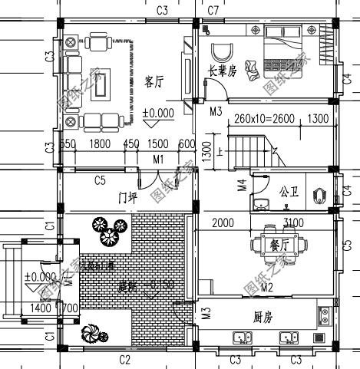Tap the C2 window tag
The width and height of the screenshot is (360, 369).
(x=124, y=359)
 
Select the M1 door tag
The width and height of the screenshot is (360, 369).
(x=158, y=159)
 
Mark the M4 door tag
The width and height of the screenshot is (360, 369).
(x=242, y=185)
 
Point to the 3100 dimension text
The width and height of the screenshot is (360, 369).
(x=294, y=222)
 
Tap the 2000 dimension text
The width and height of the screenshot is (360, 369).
(x=223, y=222)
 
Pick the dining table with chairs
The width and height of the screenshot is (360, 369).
(x=277, y=245)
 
